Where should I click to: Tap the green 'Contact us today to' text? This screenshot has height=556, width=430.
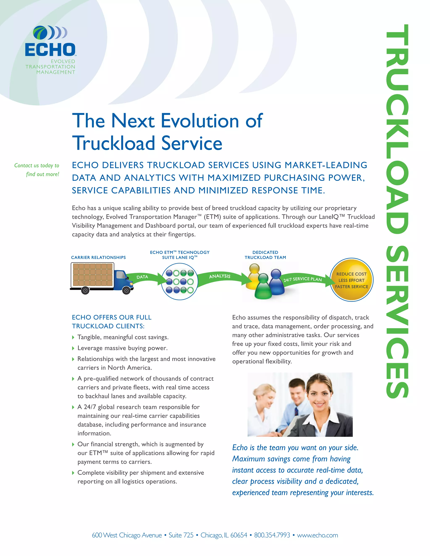coord(37,166)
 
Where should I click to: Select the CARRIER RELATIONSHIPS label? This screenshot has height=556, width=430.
coord(98,257)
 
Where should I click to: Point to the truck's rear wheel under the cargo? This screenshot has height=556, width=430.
coord(85,290)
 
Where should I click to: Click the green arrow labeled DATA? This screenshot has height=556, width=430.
coord(144,278)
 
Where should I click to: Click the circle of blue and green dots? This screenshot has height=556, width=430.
coord(180,282)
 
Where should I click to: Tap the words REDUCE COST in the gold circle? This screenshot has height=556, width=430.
coord(351,274)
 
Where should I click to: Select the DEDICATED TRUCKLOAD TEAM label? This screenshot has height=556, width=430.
coord(265,255)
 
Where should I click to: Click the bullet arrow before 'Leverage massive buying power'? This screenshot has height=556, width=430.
coord(73,348)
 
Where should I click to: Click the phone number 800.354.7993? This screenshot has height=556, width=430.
coord(272,535)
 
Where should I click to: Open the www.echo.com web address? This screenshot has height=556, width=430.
coord(317,535)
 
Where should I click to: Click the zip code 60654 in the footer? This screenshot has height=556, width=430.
coord(239,535)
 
